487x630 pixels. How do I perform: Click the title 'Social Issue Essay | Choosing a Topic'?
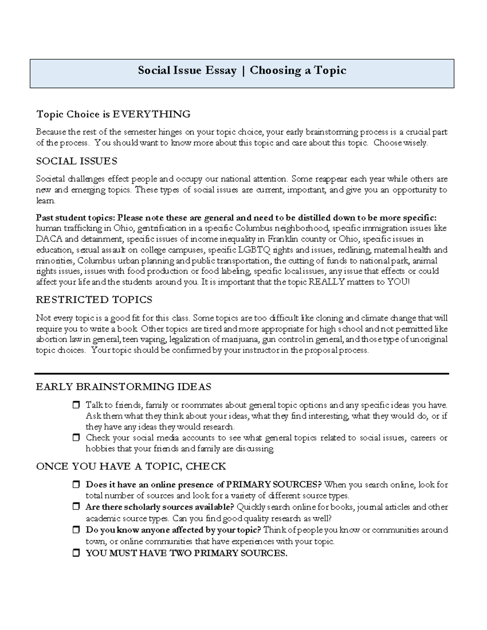tap(242, 71)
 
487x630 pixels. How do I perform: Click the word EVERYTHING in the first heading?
tap(151, 114)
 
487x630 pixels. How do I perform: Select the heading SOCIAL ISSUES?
tap(77, 161)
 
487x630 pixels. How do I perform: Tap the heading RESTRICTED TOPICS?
tap(94, 300)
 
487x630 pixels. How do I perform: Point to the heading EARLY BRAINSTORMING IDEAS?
tap(123, 387)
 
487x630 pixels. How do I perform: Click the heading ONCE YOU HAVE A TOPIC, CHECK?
tap(131, 467)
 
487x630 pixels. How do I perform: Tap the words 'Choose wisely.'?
tap(401, 143)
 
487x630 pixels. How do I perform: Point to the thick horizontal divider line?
tap(242, 373)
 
